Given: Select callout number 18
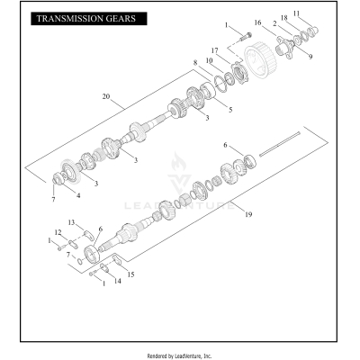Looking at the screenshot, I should tap(283, 17).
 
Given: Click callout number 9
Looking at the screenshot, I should tap(311, 56).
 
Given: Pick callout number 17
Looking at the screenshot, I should tap(215, 50).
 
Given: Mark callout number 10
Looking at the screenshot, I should tap(209, 60).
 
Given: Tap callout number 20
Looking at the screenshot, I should tap(106, 96).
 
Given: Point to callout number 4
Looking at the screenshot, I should tap(77, 194).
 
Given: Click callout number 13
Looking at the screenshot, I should tap(72, 221).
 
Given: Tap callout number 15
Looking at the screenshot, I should tap(131, 274).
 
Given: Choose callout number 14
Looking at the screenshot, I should tap(118, 282).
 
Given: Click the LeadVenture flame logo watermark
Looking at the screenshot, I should tap(180, 171).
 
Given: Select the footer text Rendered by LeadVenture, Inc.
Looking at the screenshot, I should tap(179, 355).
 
